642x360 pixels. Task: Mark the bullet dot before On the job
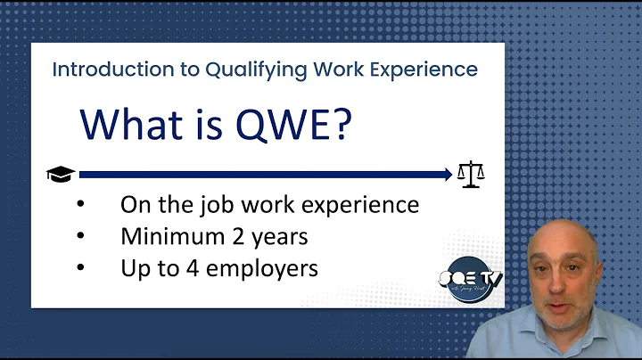point(81,205)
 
